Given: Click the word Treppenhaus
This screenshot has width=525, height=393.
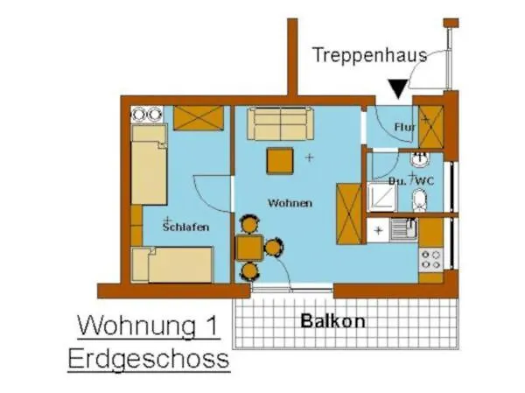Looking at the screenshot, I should (x=369, y=55).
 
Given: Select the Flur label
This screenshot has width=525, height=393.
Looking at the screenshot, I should (x=403, y=128).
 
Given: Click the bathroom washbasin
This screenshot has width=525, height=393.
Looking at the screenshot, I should (x=420, y=161).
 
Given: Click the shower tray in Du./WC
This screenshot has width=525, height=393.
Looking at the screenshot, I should (x=381, y=200).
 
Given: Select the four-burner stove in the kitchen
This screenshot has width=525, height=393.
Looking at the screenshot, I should (x=430, y=259).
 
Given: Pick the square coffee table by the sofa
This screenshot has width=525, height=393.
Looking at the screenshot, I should (x=280, y=160).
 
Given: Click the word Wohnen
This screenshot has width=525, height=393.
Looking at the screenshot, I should (x=290, y=203).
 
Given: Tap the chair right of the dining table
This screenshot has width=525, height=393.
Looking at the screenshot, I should (x=273, y=249).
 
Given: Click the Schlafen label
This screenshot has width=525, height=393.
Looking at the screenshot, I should (x=185, y=227).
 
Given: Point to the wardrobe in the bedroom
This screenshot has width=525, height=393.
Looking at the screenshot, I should (x=199, y=117).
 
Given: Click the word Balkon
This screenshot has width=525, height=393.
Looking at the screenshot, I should (x=332, y=320).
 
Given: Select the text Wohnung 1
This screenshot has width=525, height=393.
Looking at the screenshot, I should (x=148, y=326).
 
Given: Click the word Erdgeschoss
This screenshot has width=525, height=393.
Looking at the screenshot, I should (x=148, y=358).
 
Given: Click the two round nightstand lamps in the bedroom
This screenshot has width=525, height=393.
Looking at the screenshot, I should (x=146, y=114).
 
